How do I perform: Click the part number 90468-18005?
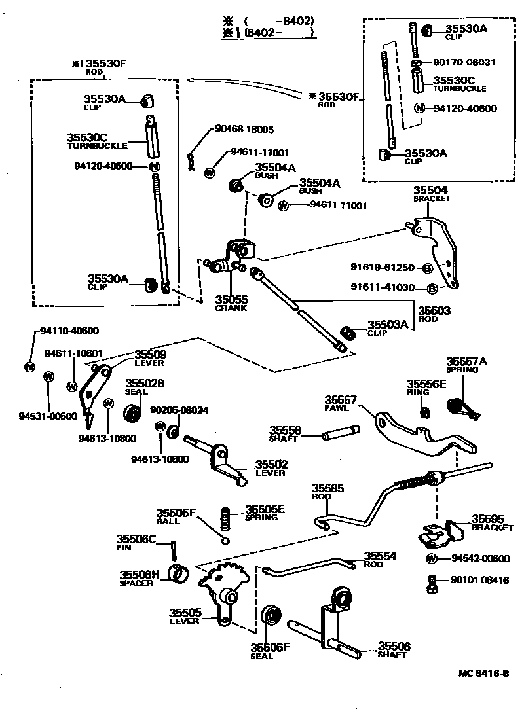coord(244,130)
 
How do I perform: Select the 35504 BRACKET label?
coord(431,193)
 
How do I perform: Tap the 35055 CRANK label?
coord(231,302)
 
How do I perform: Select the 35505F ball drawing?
coord(225,540)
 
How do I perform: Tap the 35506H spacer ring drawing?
coord(176,573)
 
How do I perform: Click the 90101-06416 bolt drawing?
coord(432,583)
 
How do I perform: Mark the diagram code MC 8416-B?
coord(483,673)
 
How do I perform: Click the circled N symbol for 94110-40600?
coord(29,367)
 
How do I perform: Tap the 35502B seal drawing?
coord(133,414)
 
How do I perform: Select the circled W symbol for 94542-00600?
coord(432,559)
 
